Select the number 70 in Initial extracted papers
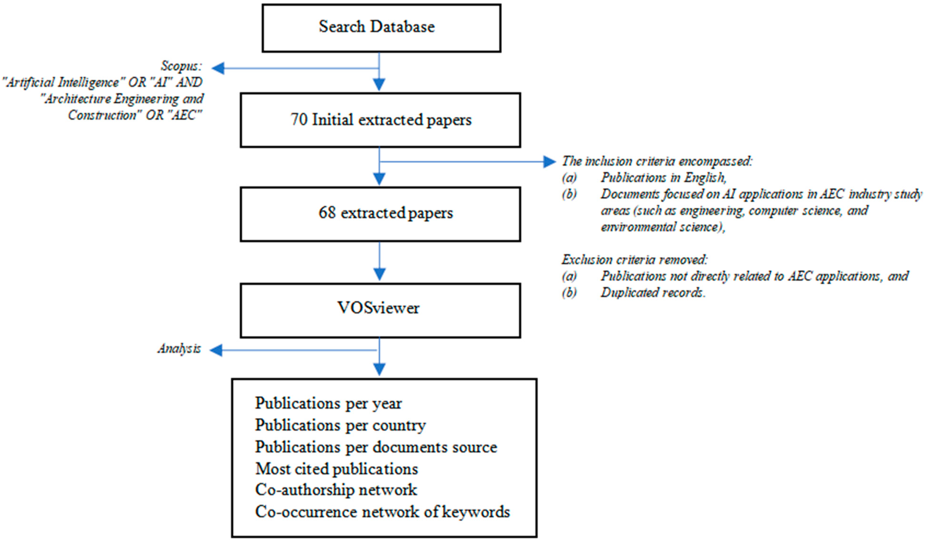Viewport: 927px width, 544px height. tap(299, 120)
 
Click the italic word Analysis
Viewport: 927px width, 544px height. tap(179, 349)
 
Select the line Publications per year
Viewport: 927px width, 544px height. tap(328, 403)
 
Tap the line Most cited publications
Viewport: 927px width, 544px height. tap(336, 469)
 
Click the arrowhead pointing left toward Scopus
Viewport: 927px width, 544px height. tap(218, 68)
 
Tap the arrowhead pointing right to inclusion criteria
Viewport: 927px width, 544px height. tap(549, 161)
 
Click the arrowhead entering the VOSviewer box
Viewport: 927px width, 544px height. tap(379, 274)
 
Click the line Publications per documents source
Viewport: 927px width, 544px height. tap(376, 447)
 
